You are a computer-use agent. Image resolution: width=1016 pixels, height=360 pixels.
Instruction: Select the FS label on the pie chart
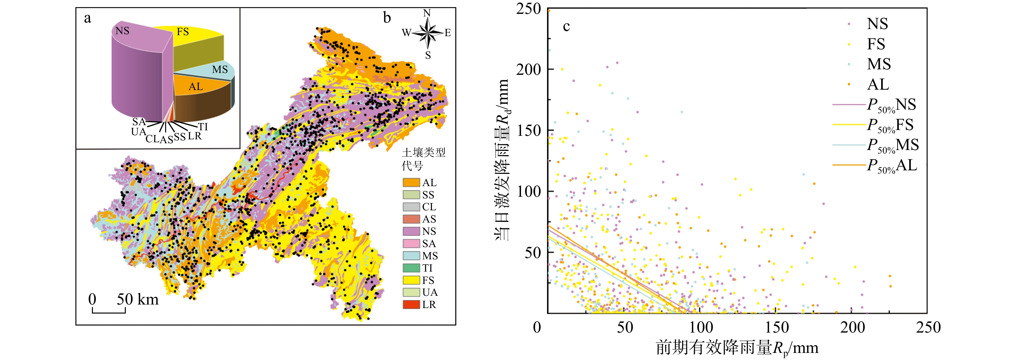click(x=183, y=32)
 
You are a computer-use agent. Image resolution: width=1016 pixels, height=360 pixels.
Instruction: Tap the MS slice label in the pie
click(x=220, y=70)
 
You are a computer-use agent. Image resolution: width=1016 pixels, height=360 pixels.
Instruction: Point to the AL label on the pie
click(x=196, y=87)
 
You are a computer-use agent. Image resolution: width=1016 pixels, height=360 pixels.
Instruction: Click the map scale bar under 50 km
click(x=109, y=311)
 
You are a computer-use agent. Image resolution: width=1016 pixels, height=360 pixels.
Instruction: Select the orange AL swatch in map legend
click(x=411, y=183)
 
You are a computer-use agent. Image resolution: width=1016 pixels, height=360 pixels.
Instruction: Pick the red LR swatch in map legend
click(x=411, y=305)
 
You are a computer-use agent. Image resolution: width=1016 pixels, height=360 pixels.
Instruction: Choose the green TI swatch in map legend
click(x=411, y=268)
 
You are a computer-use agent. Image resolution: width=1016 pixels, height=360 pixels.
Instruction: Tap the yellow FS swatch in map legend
click(x=411, y=280)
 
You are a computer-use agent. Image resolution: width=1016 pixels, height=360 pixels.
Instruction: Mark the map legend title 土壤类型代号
click(x=423, y=158)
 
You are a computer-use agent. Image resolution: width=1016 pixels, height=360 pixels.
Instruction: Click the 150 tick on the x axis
click(x=777, y=327)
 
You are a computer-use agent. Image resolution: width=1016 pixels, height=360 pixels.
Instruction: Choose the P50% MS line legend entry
click(x=876, y=145)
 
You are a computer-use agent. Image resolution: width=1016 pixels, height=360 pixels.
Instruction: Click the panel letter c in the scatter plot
click(x=566, y=26)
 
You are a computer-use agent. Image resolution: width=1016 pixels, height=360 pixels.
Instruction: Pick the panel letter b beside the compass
click(x=387, y=18)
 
